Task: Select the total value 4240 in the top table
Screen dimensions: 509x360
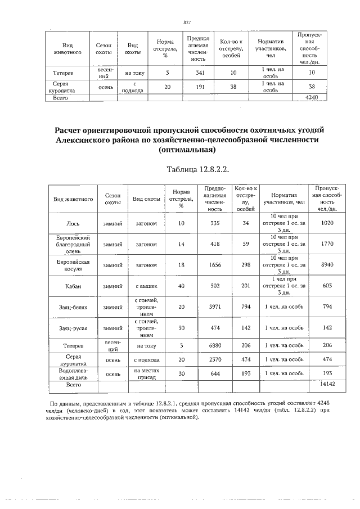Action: click(311, 97)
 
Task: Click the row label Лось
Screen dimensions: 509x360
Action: click(73, 223)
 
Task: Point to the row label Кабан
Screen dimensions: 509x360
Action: click(73, 286)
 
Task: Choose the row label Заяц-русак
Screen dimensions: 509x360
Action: click(73, 328)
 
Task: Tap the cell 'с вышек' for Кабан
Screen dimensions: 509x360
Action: click(145, 286)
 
